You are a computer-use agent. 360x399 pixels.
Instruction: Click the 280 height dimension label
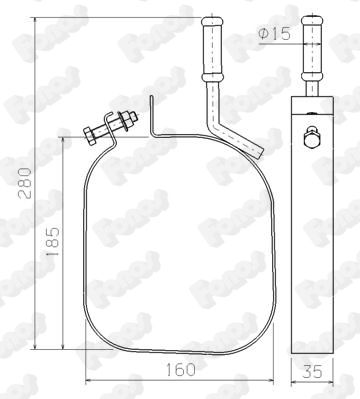coord(25,183)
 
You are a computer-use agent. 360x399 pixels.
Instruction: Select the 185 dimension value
coord(53,241)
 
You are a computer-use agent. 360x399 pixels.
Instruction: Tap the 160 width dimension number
coord(180,369)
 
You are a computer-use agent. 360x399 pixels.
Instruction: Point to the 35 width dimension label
coord(312,371)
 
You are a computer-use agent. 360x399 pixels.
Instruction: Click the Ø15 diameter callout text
coord(274,33)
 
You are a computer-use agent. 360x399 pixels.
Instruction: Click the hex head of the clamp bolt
coord(90,136)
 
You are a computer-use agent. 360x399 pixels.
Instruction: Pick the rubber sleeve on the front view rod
coord(212,48)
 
